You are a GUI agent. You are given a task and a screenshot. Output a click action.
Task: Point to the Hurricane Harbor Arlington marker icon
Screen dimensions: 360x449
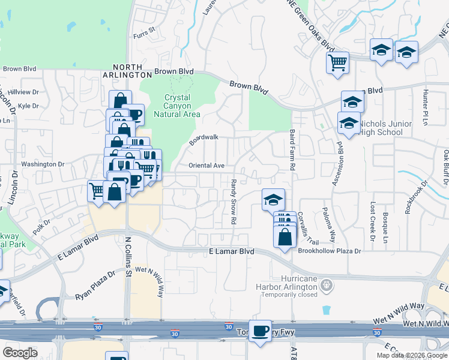pyautogui.click(x=326, y=284)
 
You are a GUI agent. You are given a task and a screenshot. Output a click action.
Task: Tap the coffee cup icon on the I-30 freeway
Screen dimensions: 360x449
pyautogui.click(x=261, y=331)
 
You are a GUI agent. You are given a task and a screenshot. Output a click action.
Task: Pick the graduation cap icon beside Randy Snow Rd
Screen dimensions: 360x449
pyautogui.click(x=273, y=199)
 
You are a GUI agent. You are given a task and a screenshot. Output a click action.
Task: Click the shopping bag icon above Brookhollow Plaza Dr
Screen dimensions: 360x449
pyautogui.click(x=285, y=236)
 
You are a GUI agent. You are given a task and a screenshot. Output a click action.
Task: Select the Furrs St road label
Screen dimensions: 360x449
pyautogui.click(x=144, y=29)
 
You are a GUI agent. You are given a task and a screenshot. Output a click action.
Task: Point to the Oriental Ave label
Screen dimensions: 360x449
pyautogui.click(x=206, y=166)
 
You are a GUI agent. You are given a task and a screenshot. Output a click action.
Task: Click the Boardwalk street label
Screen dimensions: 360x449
pyautogui.click(x=204, y=140)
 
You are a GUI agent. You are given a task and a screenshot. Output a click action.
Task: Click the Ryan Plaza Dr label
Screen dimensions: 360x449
pyautogui.click(x=94, y=286)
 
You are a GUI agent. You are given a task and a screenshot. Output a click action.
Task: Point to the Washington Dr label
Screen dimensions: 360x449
pyautogui.click(x=43, y=164)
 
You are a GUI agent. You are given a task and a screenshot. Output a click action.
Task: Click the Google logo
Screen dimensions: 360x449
pyautogui.click(x=20, y=353)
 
